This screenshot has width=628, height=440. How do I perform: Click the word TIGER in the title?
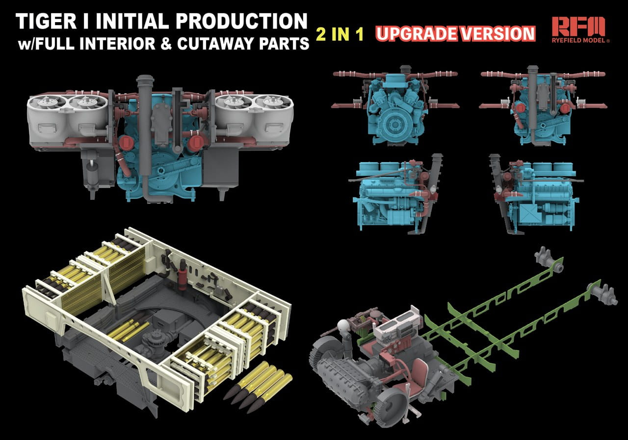point(46,21)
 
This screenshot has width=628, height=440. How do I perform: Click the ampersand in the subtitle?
point(166,44)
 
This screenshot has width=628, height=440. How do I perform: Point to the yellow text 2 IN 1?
point(340,34)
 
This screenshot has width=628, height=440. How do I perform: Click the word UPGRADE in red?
point(417,34)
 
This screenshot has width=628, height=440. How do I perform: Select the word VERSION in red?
point(497,34)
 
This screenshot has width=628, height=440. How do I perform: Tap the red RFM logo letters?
point(578,27)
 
